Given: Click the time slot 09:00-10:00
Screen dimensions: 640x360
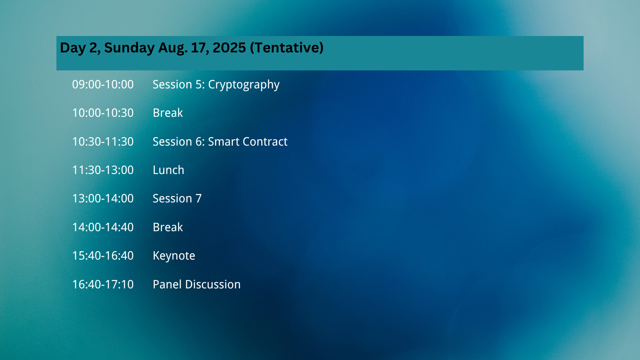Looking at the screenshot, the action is pos(103,84).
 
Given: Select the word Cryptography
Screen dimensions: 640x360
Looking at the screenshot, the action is pos(244,85).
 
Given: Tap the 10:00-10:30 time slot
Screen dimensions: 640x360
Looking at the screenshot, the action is pos(103,113).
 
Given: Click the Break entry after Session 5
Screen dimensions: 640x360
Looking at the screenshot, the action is pos(168,113).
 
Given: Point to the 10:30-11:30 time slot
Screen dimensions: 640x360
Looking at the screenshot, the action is pos(103,142).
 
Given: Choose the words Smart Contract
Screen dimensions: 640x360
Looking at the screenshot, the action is pos(248,142).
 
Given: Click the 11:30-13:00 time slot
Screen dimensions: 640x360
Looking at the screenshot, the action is pos(103,170).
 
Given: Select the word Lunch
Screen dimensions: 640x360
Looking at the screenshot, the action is pos(168,170).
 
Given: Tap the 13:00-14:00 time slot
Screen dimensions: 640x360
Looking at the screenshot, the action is pos(103,198).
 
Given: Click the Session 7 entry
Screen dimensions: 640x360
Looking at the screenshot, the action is pos(177,198).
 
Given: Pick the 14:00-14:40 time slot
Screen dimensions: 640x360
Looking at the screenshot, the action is pos(103,227).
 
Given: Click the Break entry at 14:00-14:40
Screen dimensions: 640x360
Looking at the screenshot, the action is pos(168,227).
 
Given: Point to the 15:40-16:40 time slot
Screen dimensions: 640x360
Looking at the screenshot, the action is pos(103,256).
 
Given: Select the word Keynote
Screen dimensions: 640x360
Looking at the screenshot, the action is pos(174,256).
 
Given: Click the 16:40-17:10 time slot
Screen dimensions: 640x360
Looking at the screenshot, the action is pos(103,284).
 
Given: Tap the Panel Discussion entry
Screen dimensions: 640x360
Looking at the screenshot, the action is pos(196,284).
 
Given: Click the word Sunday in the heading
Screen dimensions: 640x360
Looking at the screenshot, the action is pos(130,48).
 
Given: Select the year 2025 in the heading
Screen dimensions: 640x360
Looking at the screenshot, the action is pos(230,48).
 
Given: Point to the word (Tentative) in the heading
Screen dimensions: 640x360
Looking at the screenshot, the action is pos(287,48).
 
